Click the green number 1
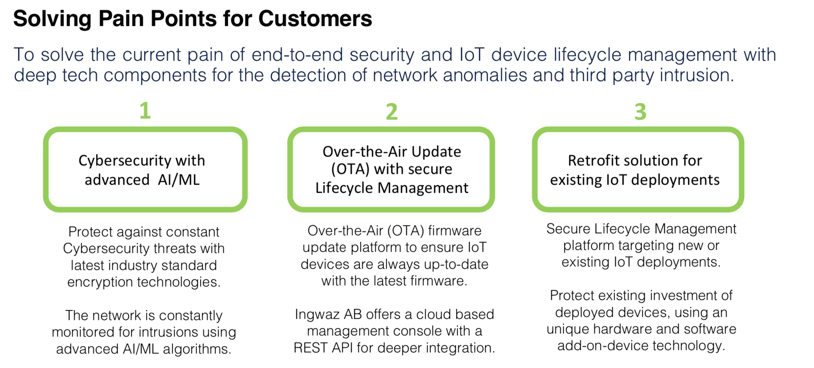click(145, 111)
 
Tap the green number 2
click(392, 111)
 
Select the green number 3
click(640, 111)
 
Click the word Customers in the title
click(315, 18)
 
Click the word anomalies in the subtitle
click(485, 75)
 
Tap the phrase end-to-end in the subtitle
click(297, 54)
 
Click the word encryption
click(100, 282)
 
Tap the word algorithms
click(197, 349)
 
